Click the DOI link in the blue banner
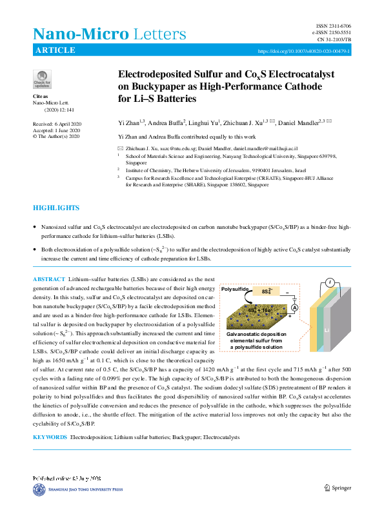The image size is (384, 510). click(x=304, y=50)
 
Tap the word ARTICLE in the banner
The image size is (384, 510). click(x=56, y=50)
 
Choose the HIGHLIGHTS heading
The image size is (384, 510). click(x=56, y=208)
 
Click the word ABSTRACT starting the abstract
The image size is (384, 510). click(x=49, y=279)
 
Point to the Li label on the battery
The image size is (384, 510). click(x=327, y=330)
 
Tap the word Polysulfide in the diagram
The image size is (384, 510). click(x=235, y=290)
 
